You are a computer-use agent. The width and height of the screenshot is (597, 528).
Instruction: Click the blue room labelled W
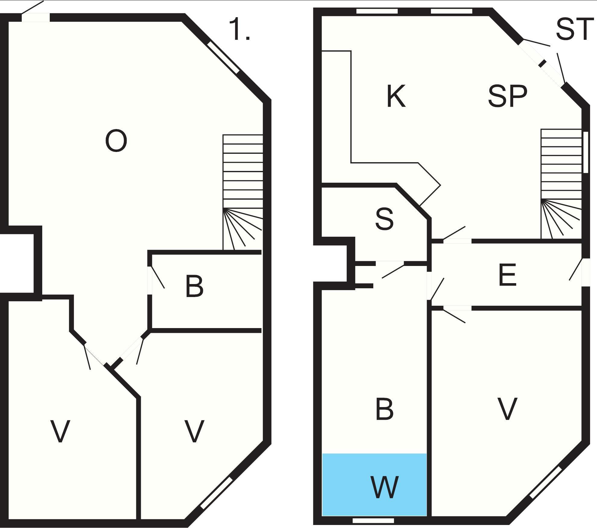click(374, 485)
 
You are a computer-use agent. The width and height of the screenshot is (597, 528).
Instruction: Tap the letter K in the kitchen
click(396, 96)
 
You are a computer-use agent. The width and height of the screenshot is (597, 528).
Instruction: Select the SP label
click(507, 96)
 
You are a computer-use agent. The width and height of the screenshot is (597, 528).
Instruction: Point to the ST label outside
click(573, 29)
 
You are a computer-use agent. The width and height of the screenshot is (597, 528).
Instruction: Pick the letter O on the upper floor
click(116, 141)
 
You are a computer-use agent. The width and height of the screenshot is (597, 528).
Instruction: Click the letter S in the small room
click(384, 219)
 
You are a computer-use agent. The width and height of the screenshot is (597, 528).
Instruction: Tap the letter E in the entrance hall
click(507, 274)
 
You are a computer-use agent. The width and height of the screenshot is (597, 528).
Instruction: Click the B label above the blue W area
click(384, 409)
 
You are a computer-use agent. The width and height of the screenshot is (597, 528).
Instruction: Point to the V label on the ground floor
click(507, 409)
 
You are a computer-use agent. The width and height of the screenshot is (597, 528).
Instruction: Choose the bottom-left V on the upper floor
click(60, 432)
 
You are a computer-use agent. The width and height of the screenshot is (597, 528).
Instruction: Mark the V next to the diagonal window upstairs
click(194, 432)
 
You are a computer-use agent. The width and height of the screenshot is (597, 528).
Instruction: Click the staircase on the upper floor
click(243, 192)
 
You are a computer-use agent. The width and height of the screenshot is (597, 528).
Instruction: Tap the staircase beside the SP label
click(561, 184)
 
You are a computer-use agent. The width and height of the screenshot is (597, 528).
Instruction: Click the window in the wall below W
click(373, 520)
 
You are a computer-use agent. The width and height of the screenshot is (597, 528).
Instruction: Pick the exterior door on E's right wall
click(585, 272)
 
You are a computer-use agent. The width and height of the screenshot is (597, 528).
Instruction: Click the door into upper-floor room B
click(150, 280)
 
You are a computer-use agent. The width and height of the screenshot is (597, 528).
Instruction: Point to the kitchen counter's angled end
click(430, 184)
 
